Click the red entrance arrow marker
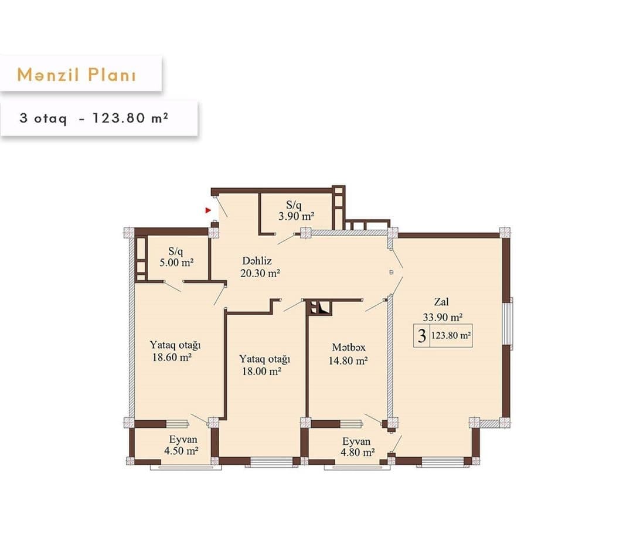[x=207, y=209]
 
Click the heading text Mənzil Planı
[x=77, y=74]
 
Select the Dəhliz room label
[x=257, y=261]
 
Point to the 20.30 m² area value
[x=258, y=273]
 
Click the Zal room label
[x=441, y=302]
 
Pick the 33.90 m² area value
[x=443, y=317]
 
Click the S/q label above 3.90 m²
[x=294, y=205]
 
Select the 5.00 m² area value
[x=176, y=263]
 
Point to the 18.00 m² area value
[x=261, y=371]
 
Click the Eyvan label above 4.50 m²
[x=183, y=440]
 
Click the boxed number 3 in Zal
[x=421, y=336]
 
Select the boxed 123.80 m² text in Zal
[x=451, y=336]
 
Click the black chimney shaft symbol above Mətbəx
[x=319, y=307]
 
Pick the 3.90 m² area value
[x=296, y=216]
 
